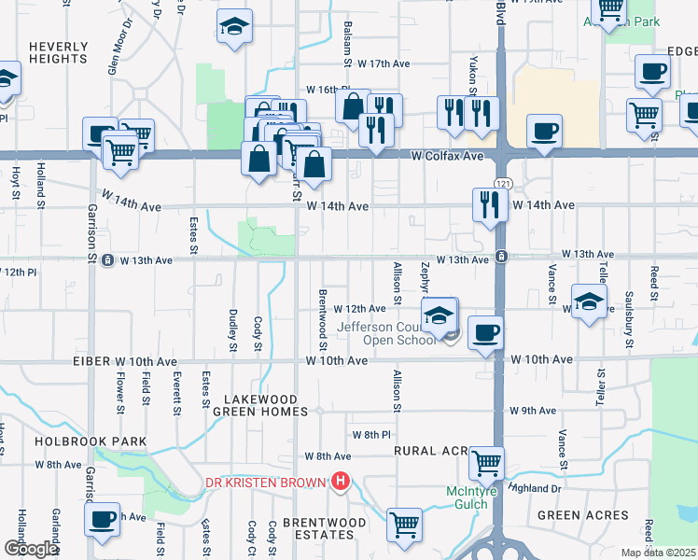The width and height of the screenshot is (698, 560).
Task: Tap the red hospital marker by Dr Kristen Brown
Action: (341, 482)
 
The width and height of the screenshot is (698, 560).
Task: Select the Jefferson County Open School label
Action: (385, 333)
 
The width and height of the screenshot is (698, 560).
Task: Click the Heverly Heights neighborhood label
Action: (58, 51)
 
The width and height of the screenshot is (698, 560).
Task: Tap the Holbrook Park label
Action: (91, 441)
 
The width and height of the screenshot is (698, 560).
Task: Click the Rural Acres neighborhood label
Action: (430, 450)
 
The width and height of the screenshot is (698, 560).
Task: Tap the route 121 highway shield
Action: (502, 183)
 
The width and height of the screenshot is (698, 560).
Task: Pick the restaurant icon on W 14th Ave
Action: (490, 204)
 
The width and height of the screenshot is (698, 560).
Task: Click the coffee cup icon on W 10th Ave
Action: (483, 333)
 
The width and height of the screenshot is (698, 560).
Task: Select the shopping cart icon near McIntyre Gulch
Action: (485, 462)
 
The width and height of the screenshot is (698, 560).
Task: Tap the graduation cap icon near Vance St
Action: (590, 301)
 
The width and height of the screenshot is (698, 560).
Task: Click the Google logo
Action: (31, 549)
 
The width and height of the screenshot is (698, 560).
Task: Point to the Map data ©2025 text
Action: (657, 553)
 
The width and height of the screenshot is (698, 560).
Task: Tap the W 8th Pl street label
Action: (370, 435)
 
